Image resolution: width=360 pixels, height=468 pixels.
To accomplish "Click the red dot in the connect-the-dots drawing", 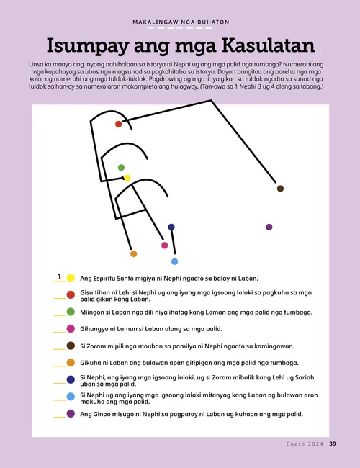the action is (119, 124).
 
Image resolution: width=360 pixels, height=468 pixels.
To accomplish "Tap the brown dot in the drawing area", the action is (280, 189).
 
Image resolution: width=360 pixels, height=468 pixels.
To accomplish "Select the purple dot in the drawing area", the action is (269, 227).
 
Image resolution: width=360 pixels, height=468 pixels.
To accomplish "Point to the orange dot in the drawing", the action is (133, 253).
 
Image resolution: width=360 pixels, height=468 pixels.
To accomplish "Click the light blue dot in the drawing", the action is (174, 261).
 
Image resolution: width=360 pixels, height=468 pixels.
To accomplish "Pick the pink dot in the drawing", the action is (165, 246).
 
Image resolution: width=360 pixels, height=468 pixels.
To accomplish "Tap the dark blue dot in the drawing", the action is (171, 227).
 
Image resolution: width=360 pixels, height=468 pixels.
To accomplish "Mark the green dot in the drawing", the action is (121, 167).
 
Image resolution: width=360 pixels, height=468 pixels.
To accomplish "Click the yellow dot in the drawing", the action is (127, 177).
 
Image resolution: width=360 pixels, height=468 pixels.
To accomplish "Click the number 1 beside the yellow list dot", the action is (58, 276).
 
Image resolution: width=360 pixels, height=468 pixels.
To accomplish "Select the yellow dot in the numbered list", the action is (71, 278).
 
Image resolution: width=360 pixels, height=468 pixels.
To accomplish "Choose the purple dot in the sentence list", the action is (71, 414).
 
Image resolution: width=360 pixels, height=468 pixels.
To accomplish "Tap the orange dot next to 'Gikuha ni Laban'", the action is (71, 363).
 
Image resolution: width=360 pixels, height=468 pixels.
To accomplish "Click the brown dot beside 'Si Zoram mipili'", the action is (71, 346).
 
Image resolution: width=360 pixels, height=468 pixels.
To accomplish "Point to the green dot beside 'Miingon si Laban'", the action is (71, 312).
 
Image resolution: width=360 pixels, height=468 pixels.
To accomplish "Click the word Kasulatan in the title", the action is (257, 46).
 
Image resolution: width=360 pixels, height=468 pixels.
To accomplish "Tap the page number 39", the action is (332, 444).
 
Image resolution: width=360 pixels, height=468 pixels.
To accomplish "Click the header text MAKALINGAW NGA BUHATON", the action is (180, 22).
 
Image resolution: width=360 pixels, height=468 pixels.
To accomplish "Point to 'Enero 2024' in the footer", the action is (300, 444).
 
